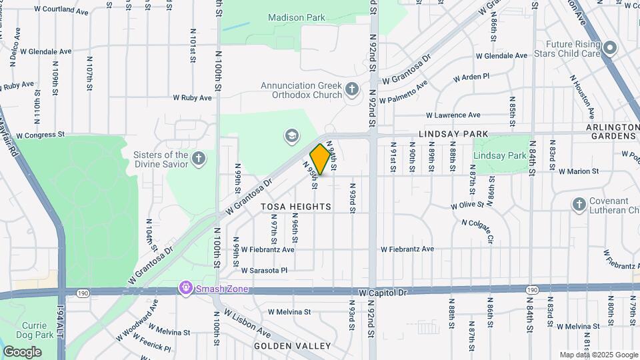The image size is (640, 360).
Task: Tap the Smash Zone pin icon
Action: tap(185, 289)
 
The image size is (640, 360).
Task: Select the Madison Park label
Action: tap(295, 17)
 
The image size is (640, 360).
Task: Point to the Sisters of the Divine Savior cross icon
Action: tap(197, 159)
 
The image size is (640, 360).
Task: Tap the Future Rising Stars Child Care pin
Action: tap(609, 48)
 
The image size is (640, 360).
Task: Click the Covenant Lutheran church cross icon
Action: tap(579, 205)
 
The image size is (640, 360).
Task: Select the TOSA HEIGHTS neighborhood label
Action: tap(292, 207)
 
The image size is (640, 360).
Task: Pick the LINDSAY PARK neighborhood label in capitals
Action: tap(454, 134)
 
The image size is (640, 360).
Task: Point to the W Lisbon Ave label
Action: tap(247, 323)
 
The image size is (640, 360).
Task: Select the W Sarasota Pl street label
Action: tap(264, 271)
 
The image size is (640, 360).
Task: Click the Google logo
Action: tap(22, 352)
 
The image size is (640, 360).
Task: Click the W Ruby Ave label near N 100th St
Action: tap(192, 97)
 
